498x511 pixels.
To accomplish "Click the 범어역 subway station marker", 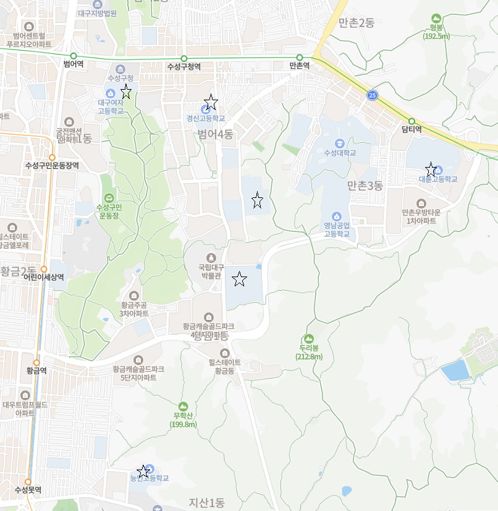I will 74,56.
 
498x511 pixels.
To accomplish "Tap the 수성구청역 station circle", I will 184,59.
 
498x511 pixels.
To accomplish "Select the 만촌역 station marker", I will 300,58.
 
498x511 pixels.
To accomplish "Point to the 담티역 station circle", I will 411,121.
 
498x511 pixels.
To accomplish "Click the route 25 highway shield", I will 371,95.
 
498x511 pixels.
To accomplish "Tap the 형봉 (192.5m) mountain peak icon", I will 437,19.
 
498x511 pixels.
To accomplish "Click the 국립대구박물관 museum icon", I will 210,257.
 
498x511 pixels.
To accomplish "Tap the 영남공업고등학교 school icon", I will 337,216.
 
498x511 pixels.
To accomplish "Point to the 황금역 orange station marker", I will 36,363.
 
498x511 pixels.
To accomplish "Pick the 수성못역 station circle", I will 28,481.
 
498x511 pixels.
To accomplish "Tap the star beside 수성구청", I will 126,92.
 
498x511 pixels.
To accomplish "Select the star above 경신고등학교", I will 211,101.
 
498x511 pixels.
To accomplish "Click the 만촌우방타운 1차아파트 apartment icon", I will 421,203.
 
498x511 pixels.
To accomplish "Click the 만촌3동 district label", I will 365,185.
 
